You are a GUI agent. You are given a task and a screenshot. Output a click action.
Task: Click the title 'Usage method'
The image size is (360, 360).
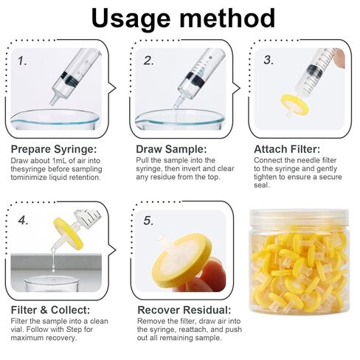coord(183,18)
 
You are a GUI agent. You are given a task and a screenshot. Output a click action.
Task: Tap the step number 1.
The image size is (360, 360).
coord(22,60)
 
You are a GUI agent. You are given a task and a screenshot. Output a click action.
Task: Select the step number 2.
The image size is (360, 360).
coord(148,60)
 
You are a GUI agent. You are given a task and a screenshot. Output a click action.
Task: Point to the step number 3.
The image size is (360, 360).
coord(269,60)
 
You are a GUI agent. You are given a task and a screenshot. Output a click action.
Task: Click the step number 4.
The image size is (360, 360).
coord(24,221)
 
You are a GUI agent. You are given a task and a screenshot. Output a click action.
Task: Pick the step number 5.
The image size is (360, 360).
coord(148,221)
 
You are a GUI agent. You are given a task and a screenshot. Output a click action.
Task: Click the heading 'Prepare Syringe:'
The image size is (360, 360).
coord(54,149)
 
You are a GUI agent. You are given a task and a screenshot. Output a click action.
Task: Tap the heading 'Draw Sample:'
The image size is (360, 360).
coord(171,149)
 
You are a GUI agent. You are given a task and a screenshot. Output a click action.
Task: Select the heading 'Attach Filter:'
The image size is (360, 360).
coord(287,149)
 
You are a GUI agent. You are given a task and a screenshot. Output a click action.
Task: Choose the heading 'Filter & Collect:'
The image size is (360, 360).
coord(50,310)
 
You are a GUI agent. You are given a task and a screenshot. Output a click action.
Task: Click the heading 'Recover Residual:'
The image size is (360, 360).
coord(184,310)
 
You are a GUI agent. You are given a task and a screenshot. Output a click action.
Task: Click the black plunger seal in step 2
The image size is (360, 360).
coord(195,79)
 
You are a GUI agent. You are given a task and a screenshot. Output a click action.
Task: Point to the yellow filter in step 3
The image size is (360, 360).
coord(294,105)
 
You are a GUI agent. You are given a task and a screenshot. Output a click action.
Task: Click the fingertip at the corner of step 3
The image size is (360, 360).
coord(339,58)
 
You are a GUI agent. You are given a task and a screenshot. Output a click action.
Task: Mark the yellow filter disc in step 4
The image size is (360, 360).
coord(69,234)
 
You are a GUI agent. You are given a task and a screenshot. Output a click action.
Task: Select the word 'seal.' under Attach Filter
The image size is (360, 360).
coord(262,185)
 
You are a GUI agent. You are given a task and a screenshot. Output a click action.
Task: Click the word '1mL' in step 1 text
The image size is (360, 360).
coord(59,161)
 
